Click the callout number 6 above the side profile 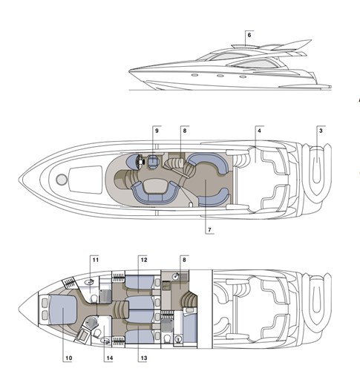[249, 35]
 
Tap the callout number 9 [157, 131]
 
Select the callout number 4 [259, 131]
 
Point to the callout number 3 [321, 131]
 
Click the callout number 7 [209, 230]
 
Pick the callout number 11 [96, 260]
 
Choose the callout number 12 [144, 260]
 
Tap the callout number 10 [69, 358]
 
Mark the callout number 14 [110, 358]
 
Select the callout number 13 [144, 358]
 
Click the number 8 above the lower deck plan [184, 260]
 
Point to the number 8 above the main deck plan [185, 131]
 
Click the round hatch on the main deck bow [61, 180]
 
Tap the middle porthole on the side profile [220, 76]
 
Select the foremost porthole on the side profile [194, 74]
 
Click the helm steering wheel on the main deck [139, 162]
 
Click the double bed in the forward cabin [63, 309]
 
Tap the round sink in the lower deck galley [177, 276]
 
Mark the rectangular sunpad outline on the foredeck [86, 180]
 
